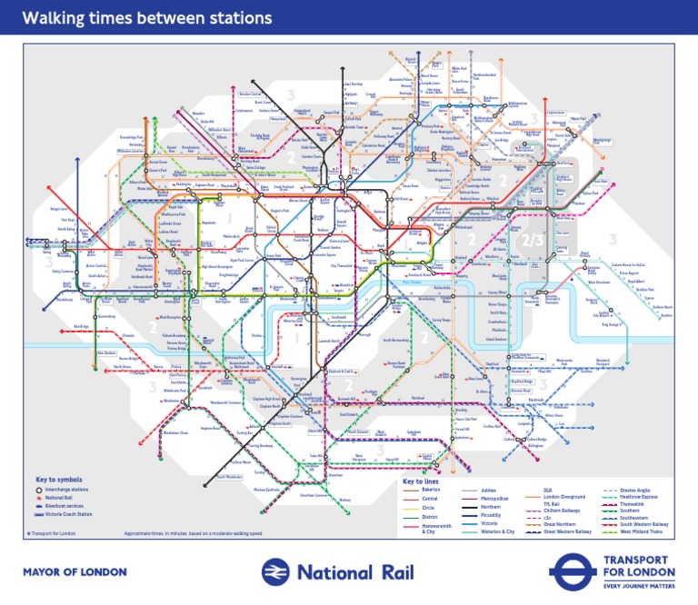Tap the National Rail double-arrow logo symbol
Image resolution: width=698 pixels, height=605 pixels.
tap(277, 571)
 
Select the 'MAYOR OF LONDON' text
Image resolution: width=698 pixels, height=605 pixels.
tap(75, 572)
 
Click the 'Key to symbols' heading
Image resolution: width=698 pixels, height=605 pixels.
tap(59, 479)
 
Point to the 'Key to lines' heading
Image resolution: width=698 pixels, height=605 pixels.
tap(423, 481)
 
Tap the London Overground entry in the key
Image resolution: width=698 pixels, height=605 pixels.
tap(563, 497)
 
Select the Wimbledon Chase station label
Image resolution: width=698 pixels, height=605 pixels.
tap(174, 433)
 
